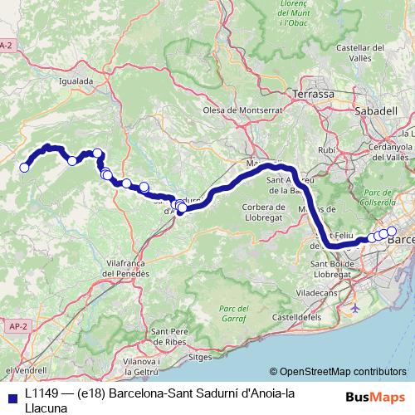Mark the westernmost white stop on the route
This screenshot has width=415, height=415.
24,168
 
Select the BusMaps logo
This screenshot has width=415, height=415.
370,397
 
